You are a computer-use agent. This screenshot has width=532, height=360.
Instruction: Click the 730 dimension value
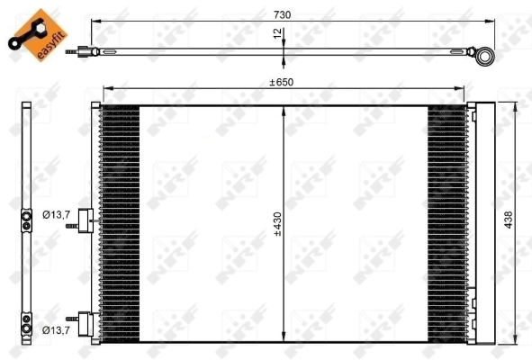click(282, 15)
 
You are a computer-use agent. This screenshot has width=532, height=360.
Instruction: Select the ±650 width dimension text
click(281, 83)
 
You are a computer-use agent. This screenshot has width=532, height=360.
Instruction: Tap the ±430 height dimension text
click(277, 224)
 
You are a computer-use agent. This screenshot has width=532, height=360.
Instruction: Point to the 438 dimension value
click(508, 220)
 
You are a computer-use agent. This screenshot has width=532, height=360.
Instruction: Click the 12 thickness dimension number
click(277, 33)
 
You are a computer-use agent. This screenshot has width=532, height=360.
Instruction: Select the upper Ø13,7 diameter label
click(57, 214)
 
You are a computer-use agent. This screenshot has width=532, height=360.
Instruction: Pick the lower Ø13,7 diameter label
click(57, 329)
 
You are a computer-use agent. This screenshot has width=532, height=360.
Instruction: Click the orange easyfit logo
click(38, 35)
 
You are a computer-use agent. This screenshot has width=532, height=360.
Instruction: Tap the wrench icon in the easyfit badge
click(26, 35)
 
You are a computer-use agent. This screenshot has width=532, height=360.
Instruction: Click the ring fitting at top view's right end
click(484, 56)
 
